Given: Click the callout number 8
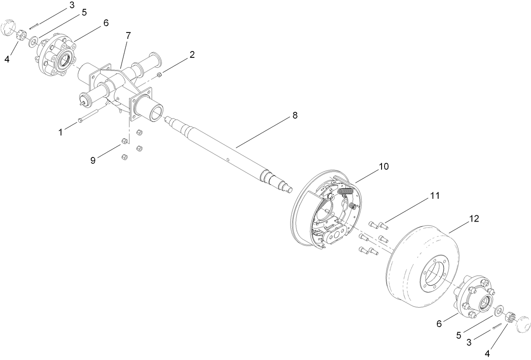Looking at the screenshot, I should [x=295, y=115].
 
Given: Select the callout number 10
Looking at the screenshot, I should [x=384, y=167].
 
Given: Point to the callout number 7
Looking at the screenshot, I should [x=128, y=36].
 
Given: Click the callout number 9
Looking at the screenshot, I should [x=93, y=160].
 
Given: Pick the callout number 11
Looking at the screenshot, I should [x=435, y=196].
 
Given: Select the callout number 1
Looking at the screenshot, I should [x=61, y=132].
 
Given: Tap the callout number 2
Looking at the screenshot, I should [x=192, y=54].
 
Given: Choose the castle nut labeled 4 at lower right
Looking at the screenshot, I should [x=509, y=317].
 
